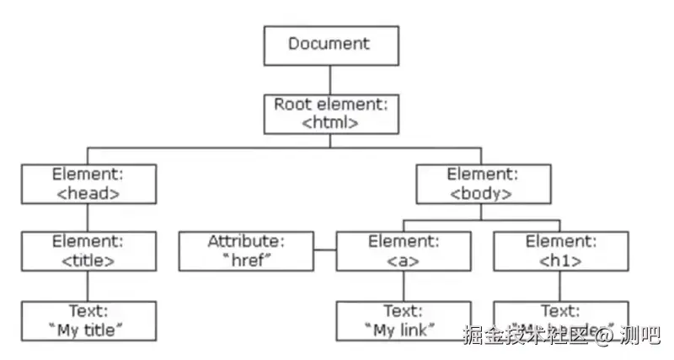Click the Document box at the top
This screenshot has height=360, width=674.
coord(329,45)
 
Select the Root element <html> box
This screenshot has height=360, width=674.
coord(329,113)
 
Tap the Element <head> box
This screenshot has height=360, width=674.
coord(88,184)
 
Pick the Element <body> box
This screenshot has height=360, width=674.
coord(484,184)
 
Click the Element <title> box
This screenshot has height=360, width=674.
coord(88,251)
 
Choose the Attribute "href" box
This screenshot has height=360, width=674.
coord(246,251)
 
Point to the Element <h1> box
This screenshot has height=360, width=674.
coord(560,251)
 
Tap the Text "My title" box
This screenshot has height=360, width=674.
coord(88,320)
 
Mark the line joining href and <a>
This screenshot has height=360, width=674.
coord(324,251)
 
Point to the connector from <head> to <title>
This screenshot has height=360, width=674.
coord(88,218)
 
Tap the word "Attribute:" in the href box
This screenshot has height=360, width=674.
coord(246,242)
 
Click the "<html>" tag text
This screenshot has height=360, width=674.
coord(329,122)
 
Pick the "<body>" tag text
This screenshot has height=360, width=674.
coord(484,193)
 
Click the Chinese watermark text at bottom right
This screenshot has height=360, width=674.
coord(559,335)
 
